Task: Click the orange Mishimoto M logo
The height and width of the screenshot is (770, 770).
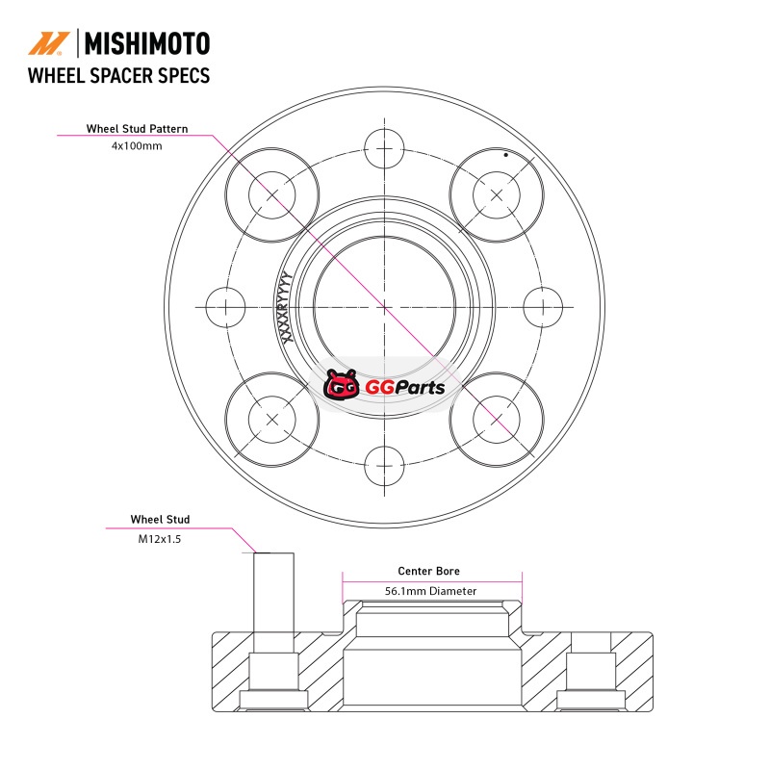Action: [x=48, y=43]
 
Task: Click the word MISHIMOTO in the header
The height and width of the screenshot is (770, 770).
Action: [x=147, y=43]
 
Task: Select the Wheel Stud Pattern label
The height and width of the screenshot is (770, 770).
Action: [x=137, y=129]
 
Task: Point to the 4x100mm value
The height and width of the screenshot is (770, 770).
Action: [x=137, y=146]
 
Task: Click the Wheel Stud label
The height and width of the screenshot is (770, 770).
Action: [x=160, y=519]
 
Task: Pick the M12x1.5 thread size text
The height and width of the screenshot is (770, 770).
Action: [x=160, y=539]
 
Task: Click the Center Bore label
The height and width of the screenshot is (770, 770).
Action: [x=428, y=571]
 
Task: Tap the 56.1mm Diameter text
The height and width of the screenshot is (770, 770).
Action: [x=430, y=591]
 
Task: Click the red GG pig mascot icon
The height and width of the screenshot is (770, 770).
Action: [x=341, y=384]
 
